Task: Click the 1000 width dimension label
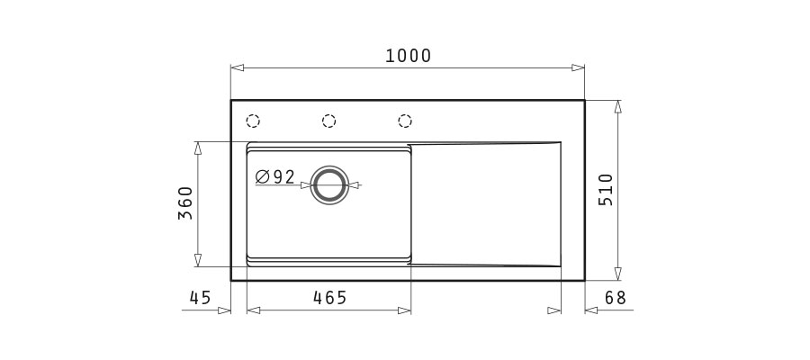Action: click(x=408, y=56)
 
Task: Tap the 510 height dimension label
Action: click(x=606, y=190)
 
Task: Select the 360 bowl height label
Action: click(x=184, y=203)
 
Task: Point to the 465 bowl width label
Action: click(x=330, y=298)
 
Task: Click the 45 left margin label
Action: click(x=201, y=298)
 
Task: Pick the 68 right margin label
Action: click(x=616, y=298)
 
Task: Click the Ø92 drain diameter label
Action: click(x=275, y=177)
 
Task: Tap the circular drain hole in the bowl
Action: click(x=329, y=184)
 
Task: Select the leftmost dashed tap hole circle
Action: click(x=253, y=121)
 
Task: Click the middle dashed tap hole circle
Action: click(x=328, y=121)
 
